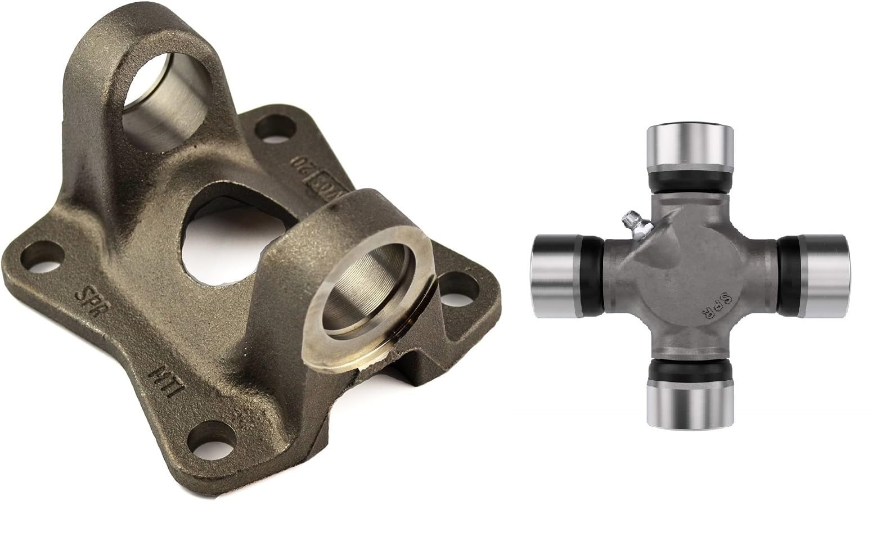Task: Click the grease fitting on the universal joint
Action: tap(634, 223)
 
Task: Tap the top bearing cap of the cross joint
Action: tap(690, 147)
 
